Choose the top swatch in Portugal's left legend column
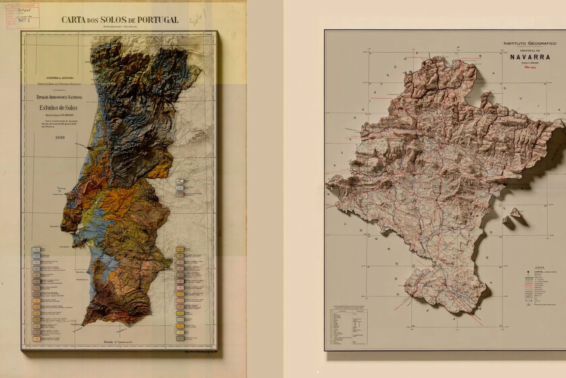35,250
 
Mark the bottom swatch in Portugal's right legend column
180,333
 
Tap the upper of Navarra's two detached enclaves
515,212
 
